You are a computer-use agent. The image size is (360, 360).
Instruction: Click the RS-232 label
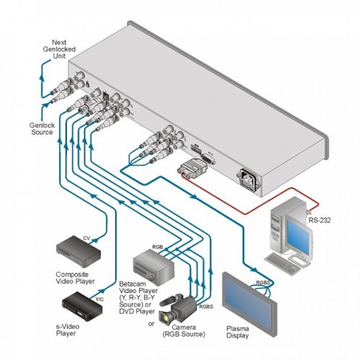point(319,220)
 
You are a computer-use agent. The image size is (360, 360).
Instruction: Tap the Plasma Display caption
point(238,332)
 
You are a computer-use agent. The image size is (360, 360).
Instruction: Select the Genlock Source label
point(42,129)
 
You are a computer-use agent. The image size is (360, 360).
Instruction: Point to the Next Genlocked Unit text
point(59,49)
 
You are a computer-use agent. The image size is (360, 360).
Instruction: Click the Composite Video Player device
point(78,251)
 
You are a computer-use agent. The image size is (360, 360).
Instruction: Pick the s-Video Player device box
point(82,306)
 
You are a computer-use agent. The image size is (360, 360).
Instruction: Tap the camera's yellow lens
point(166,318)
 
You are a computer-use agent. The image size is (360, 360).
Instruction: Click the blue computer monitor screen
point(297,237)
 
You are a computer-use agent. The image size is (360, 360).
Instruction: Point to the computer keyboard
point(280,264)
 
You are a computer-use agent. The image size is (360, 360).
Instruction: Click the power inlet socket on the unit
point(249,180)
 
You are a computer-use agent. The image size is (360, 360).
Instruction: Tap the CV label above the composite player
point(86,238)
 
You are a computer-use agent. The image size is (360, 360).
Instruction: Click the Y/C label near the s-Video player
point(99,300)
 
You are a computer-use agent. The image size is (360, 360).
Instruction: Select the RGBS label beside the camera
point(206,307)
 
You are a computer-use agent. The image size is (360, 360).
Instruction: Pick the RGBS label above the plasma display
point(263,282)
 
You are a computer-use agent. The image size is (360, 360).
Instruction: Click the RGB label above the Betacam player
point(158,247)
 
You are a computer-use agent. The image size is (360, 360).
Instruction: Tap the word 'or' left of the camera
point(151,324)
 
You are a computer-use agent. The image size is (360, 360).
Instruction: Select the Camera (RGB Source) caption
point(184,330)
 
